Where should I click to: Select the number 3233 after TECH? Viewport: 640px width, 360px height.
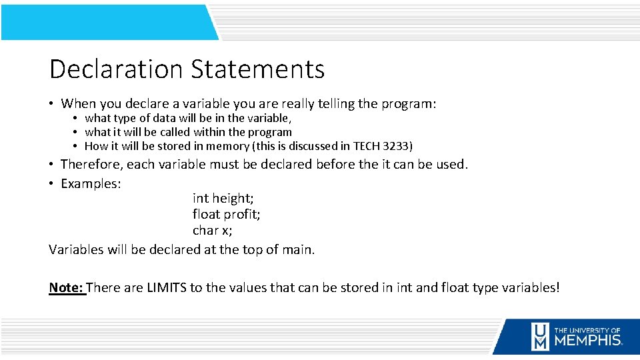[396, 146]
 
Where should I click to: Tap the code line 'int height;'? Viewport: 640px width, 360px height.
[223, 198]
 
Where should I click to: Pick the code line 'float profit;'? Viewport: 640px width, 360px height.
[226, 214]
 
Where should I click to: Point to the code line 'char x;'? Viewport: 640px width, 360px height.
[213, 230]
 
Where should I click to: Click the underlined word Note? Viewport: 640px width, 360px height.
[66, 288]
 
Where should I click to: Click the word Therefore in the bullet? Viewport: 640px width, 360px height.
[90, 164]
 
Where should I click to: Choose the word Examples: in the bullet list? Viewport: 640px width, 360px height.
[91, 183]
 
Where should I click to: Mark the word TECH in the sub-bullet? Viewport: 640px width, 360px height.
[367, 146]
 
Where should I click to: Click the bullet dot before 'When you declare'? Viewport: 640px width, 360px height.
[51, 104]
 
